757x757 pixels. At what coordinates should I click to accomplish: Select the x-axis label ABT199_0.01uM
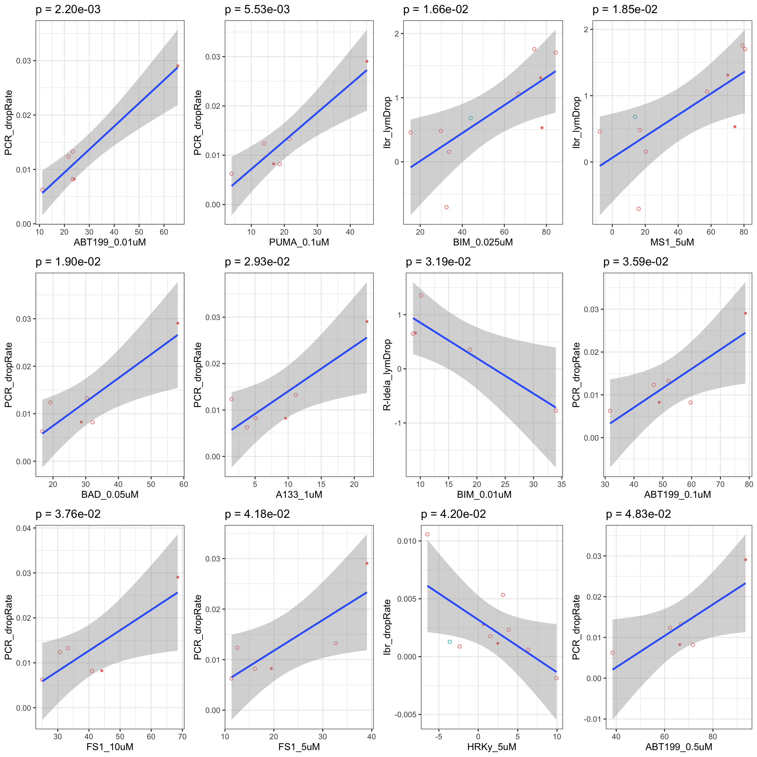point(110,242)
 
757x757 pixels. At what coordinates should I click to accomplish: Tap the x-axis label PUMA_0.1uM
point(299,242)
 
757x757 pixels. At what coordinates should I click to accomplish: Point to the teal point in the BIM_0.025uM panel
point(470,118)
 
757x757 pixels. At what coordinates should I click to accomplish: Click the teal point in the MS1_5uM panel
point(635,117)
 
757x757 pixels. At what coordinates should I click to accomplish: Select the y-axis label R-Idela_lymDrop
point(387,375)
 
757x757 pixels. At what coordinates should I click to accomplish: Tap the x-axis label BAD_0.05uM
point(110,494)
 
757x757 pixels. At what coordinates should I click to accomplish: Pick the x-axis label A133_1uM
point(299,494)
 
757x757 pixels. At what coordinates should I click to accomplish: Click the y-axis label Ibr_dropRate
point(387,627)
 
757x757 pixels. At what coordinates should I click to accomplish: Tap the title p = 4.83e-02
point(638,514)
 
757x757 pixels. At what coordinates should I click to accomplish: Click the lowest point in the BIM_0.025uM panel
point(446,207)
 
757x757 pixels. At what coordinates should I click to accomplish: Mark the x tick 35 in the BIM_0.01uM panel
point(562,484)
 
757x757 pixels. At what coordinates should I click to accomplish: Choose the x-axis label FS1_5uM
point(299,747)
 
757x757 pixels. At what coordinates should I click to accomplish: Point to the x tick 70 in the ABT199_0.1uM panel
point(720,484)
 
